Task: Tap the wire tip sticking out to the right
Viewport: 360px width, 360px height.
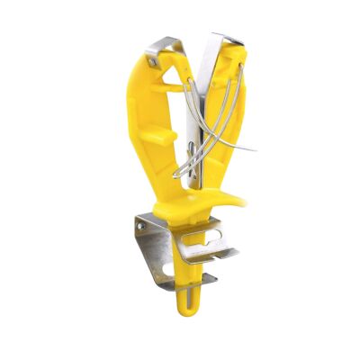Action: tap(255, 148)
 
